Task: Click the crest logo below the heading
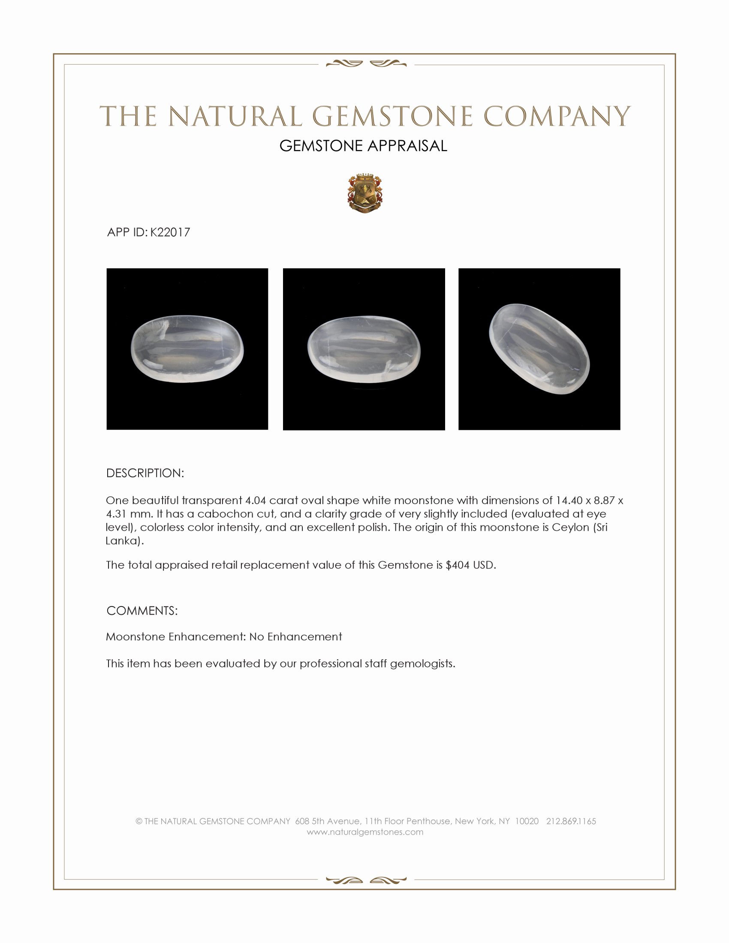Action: pyautogui.click(x=364, y=194)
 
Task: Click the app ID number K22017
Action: pyautogui.click(x=170, y=232)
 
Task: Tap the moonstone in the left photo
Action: pyautogui.click(x=187, y=350)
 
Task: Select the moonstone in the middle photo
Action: pyautogui.click(x=364, y=350)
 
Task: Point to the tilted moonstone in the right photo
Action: pyautogui.click(x=539, y=349)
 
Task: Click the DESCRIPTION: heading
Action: pyautogui.click(x=145, y=473)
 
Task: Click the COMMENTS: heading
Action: pyautogui.click(x=142, y=610)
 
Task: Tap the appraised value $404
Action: pyautogui.click(x=458, y=565)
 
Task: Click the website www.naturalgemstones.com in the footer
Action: pyautogui.click(x=365, y=832)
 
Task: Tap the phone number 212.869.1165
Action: pyautogui.click(x=571, y=821)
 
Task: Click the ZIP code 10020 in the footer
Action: pyautogui.click(x=527, y=821)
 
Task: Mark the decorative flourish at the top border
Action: pyautogui.click(x=366, y=64)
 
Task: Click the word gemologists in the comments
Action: pyautogui.click(x=422, y=663)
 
